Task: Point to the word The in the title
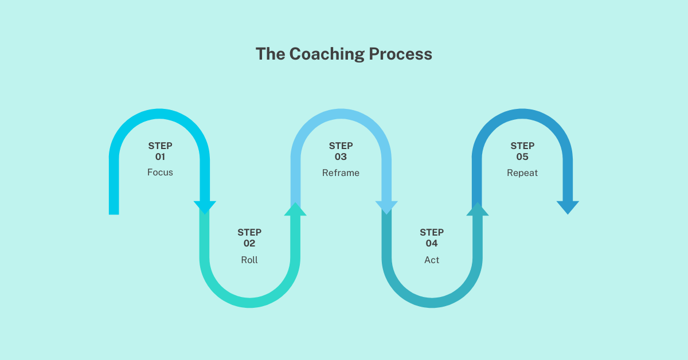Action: [271, 54]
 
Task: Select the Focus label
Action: [160, 173]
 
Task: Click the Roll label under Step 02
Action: [249, 260]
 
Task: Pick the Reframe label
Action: [341, 173]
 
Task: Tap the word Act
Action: [432, 260]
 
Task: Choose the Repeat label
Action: [522, 173]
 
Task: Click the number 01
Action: [160, 156]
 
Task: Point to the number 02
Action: [249, 244]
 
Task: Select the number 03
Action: [341, 156]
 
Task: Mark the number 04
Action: [432, 244]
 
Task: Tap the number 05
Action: [522, 156]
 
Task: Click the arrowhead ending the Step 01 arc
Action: [205, 207]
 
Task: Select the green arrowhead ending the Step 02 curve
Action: [295, 210]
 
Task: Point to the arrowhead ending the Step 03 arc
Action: [386, 207]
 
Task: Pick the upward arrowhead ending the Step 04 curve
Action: [477, 210]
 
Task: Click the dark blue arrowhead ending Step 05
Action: [568, 207]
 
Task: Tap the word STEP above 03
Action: [341, 146]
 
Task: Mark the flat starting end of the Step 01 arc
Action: [114, 211]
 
